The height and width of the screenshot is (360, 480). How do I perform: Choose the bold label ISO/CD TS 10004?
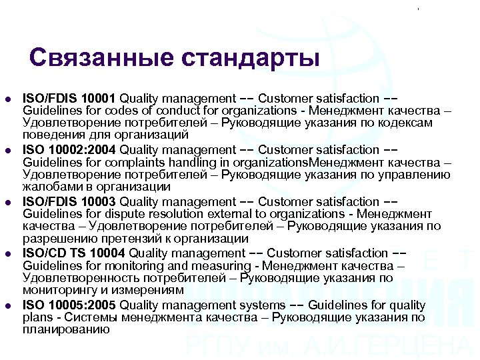click(x=73, y=253)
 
